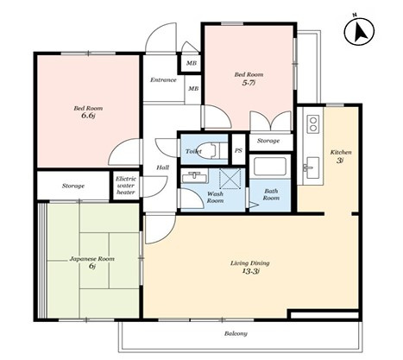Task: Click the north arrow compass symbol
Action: [x=359, y=31]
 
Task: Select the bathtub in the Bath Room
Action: [x=269, y=167]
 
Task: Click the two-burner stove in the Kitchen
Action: [x=313, y=124]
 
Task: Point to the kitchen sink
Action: [x=312, y=167]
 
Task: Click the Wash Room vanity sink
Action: [x=195, y=176]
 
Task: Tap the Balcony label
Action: [x=236, y=333]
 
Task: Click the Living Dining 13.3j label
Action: [x=249, y=267]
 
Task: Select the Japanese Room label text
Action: [x=92, y=259]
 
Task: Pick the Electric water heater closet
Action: [x=126, y=186]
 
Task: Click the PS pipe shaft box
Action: [x=238, y=149]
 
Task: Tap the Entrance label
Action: [x=163, y=80]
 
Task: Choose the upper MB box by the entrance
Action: [x=191, y=63]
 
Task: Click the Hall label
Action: [x=162, y=167]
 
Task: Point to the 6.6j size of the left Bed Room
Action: [x=88, y=116]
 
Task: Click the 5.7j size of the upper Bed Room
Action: [x=249, y=83]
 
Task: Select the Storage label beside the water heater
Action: [x=73, y=186]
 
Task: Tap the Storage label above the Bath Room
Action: [x=268, y=141]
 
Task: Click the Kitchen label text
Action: [x=341, y=152]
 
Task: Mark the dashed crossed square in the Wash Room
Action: [x=230, y=179]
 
